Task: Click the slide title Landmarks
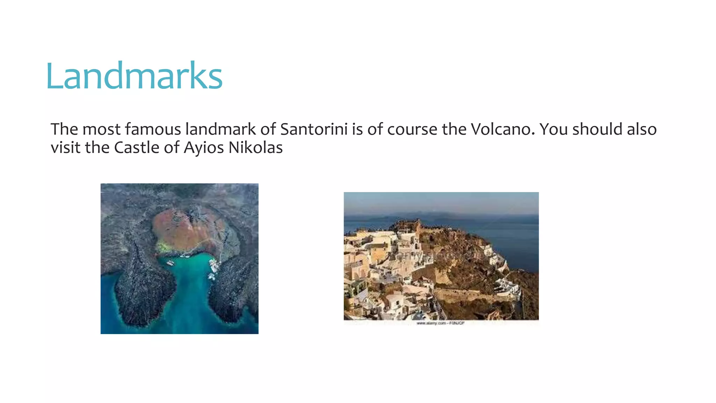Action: coord(134,76)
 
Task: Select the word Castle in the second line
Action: coord(137,147)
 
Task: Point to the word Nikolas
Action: coord(256,147)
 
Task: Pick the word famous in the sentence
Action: coord(153,129)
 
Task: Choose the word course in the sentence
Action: coord(412,129)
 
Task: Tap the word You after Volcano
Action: coord(554,129)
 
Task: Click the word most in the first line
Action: coord(101,129)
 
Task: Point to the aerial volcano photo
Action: coord(179,259)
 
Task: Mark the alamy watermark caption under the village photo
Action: coord(441,323)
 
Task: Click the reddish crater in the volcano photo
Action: coord(185,227)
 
